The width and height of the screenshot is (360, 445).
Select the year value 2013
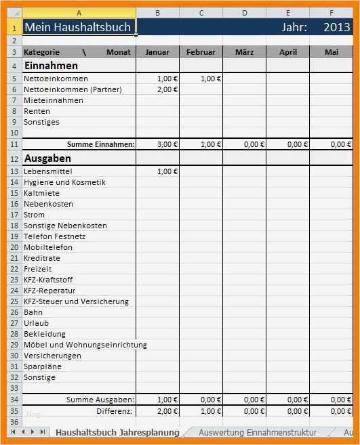[x=336, y=27]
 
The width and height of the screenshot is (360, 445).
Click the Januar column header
[x=157, y=52]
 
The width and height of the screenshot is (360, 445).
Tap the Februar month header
[x=201, y=52]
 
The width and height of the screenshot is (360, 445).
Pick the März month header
[x=244, y=52]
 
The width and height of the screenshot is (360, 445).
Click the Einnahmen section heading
[x=51, y=66]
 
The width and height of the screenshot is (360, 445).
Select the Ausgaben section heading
[x=47, y=158]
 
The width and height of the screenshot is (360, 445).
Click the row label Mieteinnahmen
[x=54, y=100]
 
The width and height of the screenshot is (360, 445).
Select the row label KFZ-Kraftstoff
[x=48, y=280]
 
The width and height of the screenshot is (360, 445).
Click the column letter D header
[x=244, y=13]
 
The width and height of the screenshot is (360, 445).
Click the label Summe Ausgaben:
[x=100, y=400]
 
